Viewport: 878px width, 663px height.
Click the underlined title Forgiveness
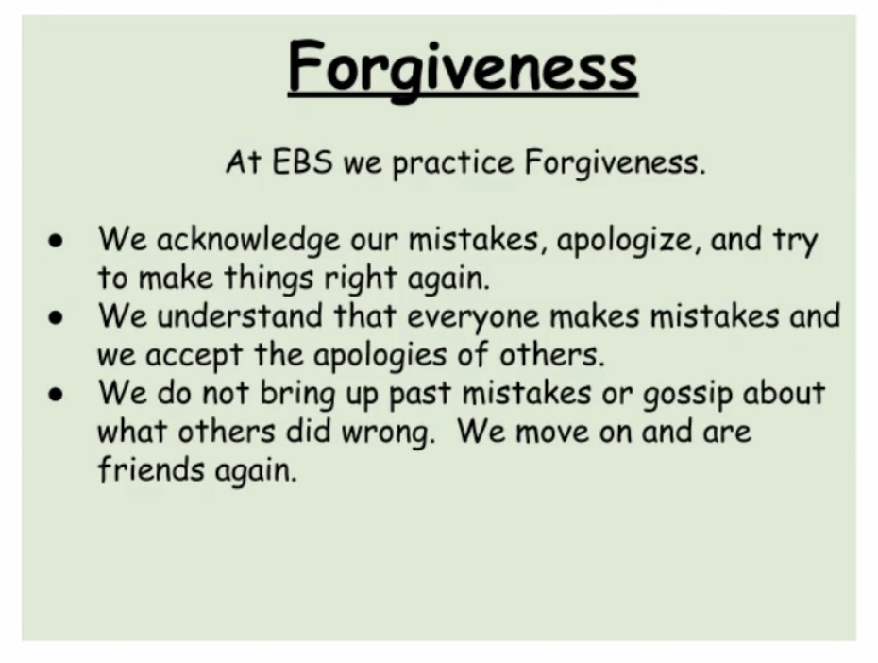click(x=464, y=68)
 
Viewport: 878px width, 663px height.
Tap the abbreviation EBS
click(x=302, y=162)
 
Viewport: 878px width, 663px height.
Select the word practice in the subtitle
click(x=453, y=163)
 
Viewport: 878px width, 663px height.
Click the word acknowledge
click(x=248, y=240)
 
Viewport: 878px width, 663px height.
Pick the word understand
click(x=240, y=315)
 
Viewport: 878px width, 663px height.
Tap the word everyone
click(x=473, y=318)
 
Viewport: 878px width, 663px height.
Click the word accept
click(x=194, y=356)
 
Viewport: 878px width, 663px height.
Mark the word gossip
click(x=687, y=396)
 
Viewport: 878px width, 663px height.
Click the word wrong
click(x=387, y=433)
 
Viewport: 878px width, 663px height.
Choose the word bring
click(x=298, y=395)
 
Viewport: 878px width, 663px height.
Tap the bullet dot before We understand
click(x=56, y=318)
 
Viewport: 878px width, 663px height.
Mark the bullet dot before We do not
click(x=56, y=395)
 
